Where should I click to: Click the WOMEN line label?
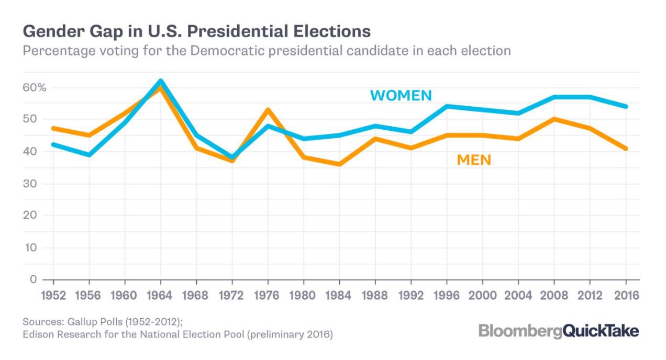click(401, 95)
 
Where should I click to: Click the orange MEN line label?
click(474, 160)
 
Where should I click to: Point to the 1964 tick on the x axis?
click(160, 295)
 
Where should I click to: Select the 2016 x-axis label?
click(625, 295)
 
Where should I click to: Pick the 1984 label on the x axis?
click(339, 295)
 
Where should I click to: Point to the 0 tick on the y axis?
click(33, 279)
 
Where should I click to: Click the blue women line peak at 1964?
click(160, 81)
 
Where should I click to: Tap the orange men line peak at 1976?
click(268, 110)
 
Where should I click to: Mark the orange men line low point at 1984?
click(339, 164)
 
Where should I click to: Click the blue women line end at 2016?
click(625, 106)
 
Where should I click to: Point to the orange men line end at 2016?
click(625, 149)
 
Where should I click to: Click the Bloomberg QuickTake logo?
click(558, 331)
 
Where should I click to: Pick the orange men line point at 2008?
click(554, 119)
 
